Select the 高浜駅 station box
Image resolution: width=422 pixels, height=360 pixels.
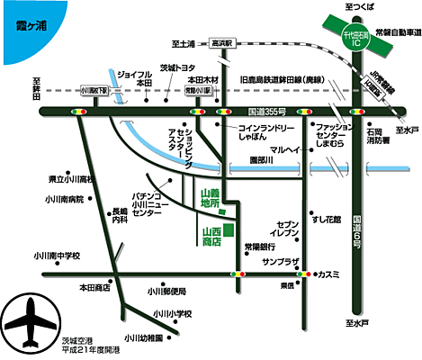pyautogui.click(x=220, y=41)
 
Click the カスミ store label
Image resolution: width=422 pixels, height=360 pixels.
pyautogui.click(x=328, y=274)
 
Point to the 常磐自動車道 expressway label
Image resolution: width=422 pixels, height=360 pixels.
pyautogui.click(x=389, y=32)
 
